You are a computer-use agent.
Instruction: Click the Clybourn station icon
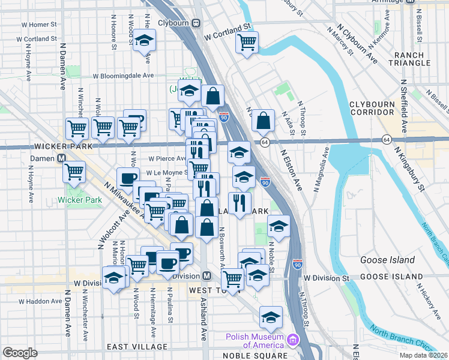[x=196, y=23]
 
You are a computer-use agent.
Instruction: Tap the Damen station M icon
[x=61, y=159]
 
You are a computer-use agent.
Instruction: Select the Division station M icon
[x=206, y=276]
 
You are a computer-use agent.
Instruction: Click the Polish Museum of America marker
[x=293, y=340]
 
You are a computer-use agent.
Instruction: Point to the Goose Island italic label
[x=387, y=260]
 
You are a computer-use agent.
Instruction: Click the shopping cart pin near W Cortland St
[x=247, y=42]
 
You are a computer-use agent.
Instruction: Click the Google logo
[x=20, y=353]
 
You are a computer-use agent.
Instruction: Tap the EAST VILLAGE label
[x=137, y=347]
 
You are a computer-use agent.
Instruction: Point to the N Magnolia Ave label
[x=321, y=175]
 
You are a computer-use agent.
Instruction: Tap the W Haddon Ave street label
[x=40, y=301]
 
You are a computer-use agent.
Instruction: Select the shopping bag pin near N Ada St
[x=263, y=120]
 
